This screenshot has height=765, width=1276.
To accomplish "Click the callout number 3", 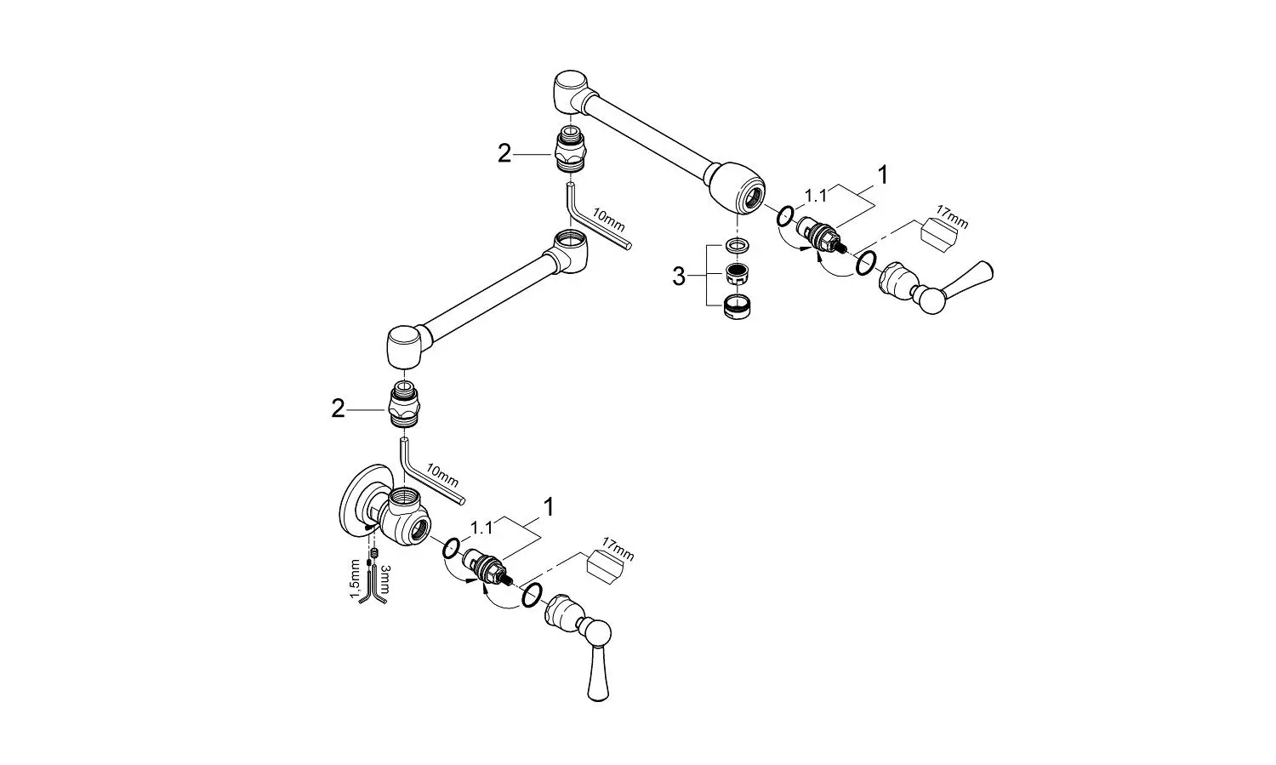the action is click(679, 278).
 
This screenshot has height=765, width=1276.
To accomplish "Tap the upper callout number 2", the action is click(504, 154).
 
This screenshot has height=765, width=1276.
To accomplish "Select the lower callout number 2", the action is click(338, 409).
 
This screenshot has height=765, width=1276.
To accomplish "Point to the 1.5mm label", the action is click(355, 579).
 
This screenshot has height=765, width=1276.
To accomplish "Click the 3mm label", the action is click(385, 577).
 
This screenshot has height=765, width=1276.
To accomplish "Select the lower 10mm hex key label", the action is click(442, 477).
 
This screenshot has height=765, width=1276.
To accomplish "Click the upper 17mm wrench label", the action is click(952, 218).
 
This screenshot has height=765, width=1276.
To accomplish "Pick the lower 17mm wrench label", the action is click(617, 549).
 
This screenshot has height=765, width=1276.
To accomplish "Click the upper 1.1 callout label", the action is click(815, 196).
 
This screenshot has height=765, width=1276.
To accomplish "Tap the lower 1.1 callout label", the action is click(481, 528).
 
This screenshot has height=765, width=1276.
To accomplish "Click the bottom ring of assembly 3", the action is click(737, 306).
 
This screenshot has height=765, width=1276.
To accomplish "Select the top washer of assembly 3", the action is click(737, 246).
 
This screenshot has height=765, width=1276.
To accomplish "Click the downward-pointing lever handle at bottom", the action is click(597, 673).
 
